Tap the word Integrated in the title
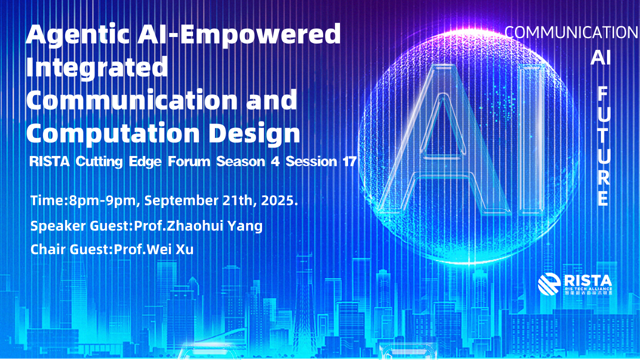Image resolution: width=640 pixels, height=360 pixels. click(x=97, y=67)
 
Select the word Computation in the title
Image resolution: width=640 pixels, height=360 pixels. click(x=113, y=133)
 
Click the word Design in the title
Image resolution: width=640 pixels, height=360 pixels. click(x=254, y=133)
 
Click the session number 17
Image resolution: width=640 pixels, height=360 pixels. click(x=349, y=161)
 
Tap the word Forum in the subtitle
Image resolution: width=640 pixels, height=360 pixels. click(x=189, y=161)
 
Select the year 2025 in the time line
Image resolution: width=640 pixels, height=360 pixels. click(x=277, y=200)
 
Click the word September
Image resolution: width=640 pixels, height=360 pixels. click(x=181, y=200)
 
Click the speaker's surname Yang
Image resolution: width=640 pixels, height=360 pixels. click(x=245, y=226)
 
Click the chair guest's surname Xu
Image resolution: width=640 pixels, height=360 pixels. click(x=184, y=249)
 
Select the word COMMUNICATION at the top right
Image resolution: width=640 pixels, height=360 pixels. click(x=571, y=32)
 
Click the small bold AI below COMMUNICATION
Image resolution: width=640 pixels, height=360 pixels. click(x=600, y=57)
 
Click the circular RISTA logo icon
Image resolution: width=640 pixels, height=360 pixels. click(x=549, y=284)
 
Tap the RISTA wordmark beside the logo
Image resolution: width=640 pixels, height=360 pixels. click(x=587, y=280)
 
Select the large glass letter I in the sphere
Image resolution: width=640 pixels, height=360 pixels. click(x=531, y=140)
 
